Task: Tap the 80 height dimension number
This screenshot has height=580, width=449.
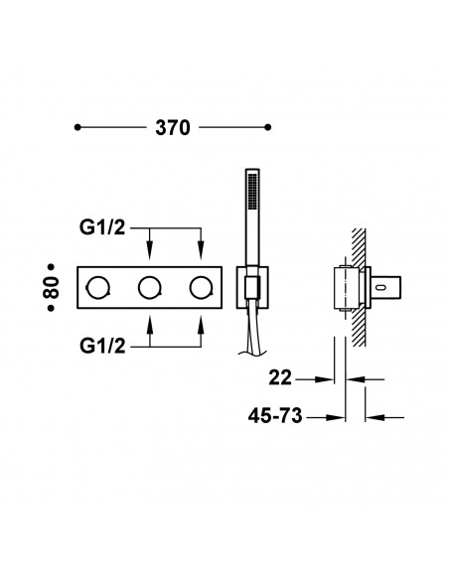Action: pyautogui.click(x=57, y=287)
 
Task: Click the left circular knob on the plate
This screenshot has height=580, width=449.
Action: pyautogui.click(x=97, y=288)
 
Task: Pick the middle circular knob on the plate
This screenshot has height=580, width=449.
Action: pyautogui.click(x=149, y=288)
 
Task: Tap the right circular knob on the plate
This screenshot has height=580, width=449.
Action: pyautogui.click(x=202, y=288)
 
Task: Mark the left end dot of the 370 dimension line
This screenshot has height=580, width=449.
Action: pyautogui.click(x=78, y=127)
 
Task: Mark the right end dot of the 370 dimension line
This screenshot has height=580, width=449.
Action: pyautogui.click(x=269, y=127)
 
